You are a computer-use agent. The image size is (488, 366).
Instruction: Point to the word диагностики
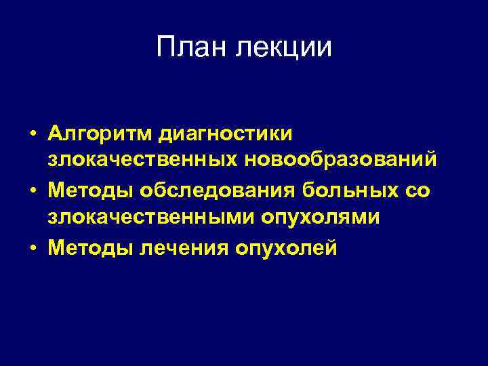tap(226, 134)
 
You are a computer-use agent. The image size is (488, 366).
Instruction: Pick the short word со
tap(417, 190)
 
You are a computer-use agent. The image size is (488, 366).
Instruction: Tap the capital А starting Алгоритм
tap(56, 133)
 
